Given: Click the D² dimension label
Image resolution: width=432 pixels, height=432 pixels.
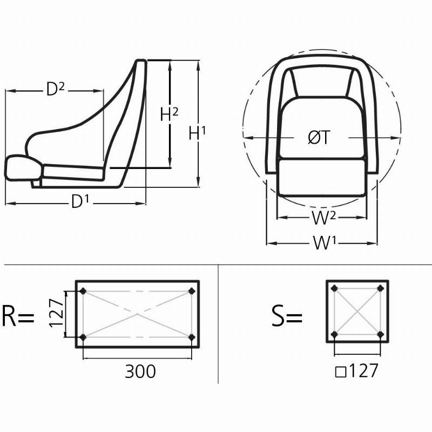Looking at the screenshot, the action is tap(56, 89).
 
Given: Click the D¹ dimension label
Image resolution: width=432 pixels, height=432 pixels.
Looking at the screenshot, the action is tap(80, 201).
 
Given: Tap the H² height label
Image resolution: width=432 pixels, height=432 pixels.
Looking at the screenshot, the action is tap(169, 114).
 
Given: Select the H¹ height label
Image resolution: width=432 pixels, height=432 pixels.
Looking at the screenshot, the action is tap(197, 133).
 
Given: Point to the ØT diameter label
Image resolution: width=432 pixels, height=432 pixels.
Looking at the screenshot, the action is tap(319, 137).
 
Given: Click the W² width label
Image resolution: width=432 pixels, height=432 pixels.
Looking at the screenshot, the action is tap(323, 218).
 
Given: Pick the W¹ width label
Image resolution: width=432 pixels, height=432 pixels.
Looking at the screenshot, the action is tap(325, 243).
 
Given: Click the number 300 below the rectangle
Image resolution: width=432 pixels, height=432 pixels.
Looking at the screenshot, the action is tap(140, 371).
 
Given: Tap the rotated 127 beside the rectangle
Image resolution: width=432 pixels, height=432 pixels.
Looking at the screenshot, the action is tap(57, 313).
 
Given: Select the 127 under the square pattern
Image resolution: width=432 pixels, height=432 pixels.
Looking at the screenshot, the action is tap(363, 370).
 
